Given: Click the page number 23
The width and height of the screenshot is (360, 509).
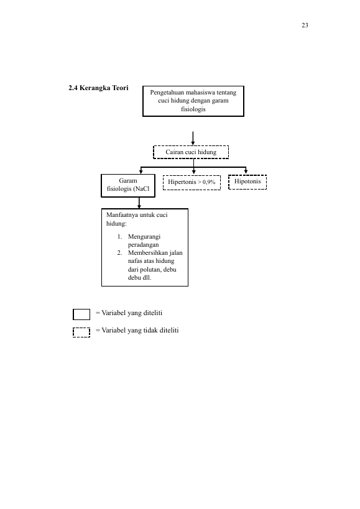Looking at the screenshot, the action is coord(305,25).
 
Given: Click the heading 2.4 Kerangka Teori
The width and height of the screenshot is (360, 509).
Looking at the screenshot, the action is coord(98,88).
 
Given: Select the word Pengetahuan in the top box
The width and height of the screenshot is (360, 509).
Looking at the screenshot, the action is coord(167,93).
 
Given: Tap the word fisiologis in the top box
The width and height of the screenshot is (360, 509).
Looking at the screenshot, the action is coord(193,109).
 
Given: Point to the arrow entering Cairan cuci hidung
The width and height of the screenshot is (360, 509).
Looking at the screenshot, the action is coord(193,139).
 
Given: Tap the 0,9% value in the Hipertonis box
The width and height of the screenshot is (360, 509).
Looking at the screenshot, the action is coord(209,182).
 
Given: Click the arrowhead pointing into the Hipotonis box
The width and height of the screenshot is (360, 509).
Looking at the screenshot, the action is coord(246,172).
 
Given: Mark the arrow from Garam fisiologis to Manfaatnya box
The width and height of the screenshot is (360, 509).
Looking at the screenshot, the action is coord(139,203).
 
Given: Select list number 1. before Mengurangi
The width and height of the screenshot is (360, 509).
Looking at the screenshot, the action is coord(119,237).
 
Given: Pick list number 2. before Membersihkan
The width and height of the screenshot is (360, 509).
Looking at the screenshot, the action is coord(119,253).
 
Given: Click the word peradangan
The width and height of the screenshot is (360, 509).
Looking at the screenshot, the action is coord(143,245).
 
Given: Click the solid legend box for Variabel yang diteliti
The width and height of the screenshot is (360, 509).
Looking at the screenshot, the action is coord(81,314).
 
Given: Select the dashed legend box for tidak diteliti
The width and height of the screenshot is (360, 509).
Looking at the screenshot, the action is coord(81,332).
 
